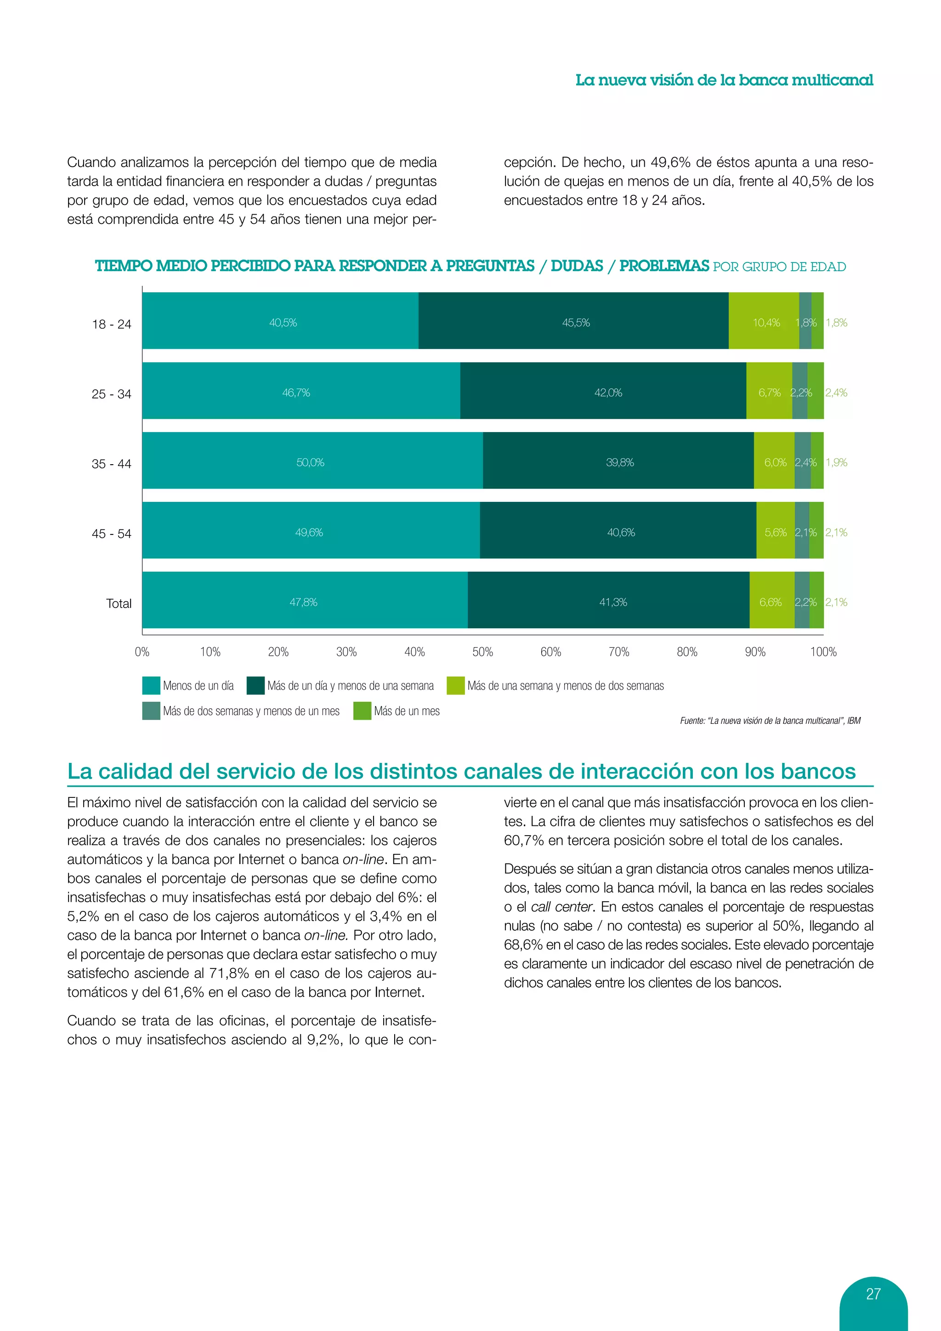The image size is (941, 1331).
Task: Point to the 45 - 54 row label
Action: point(111,533)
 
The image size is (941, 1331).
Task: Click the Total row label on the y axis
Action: point(119,603)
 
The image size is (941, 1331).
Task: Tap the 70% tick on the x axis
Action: point(619,652)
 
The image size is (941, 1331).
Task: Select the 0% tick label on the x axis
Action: point(142,652)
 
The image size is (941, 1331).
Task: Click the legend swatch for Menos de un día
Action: point(151,685)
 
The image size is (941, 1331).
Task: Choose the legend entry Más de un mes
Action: point(406,711)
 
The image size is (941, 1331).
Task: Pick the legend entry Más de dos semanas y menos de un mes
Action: point(250,711)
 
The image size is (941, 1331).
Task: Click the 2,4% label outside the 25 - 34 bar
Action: point(836,392)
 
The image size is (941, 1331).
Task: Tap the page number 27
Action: point(873,1293)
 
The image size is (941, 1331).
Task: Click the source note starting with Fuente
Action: point(770,721)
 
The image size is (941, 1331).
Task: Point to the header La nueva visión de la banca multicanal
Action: point(724,80)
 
